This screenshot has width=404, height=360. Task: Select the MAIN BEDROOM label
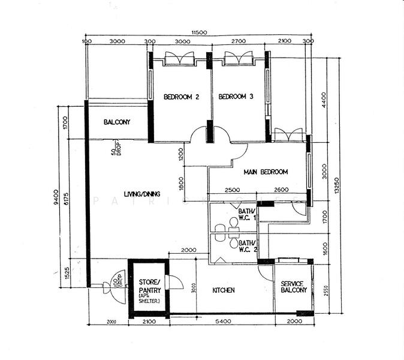(x=266, y=172)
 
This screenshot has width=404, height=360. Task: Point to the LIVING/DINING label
(x=142, y=194)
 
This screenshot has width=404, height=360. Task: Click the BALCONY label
(x=117, y=122)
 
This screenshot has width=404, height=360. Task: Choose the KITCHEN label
(x=224, y=290)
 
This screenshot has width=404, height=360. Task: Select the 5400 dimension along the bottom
(x=222, y=322)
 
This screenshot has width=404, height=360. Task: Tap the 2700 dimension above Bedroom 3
(x=238, y=41)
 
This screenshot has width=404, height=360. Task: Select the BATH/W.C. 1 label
(x=248, y=214)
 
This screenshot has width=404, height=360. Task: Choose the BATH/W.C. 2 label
(x=248, y=245)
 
